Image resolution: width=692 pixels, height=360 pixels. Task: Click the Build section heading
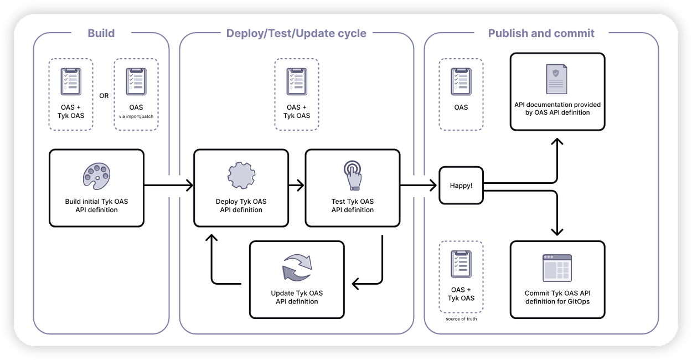click(x=101, y=33)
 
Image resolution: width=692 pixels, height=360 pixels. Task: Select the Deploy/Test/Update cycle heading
click(x=296, y=33)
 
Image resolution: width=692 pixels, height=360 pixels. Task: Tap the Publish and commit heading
click(x=541, y=33)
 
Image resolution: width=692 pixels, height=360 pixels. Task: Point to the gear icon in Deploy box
click(x=241, y=175)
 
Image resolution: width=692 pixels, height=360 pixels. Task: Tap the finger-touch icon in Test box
click(x=352, y=175)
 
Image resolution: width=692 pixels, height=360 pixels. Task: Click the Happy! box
click(x=461, y=186)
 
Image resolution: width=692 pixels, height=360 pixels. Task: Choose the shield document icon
click(x=557, y=79)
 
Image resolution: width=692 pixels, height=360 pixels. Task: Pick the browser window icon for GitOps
click(x=557, y=269)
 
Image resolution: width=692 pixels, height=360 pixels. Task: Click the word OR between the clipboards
click(x=104, y=95)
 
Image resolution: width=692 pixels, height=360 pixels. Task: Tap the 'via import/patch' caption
click(x=136, y=117)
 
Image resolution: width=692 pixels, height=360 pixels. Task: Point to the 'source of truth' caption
click(x=461, y=320)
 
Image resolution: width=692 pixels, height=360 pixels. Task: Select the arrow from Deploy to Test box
click(x=297, y=186)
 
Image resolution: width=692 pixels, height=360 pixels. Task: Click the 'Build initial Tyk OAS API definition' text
click(x=97, y=205)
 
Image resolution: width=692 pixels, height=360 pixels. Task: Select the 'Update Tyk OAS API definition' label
click(x=297, y=297)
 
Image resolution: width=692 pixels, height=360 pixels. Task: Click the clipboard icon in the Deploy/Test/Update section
click(x=297, y=82)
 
